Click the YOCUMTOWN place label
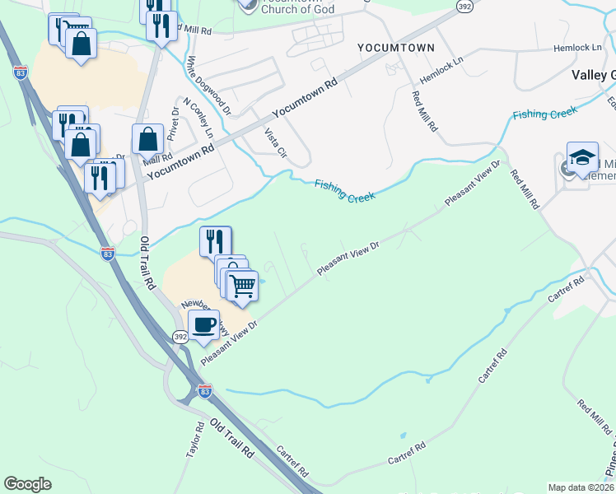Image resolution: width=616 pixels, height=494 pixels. coord(395,48)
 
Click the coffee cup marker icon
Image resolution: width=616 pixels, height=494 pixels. coord(203,324)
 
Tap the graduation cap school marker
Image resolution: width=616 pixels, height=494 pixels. coord(582,156)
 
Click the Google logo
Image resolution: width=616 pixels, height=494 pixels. coord(27,484)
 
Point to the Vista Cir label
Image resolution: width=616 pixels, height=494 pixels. coord(275,142)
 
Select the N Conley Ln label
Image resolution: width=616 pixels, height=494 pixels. coord(198,119)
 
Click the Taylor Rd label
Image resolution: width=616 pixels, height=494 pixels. coord(194,441)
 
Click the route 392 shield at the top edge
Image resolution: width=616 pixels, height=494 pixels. coord(464,6)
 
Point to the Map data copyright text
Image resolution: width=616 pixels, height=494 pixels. coord(581,487)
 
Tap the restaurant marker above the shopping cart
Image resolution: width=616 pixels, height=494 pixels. coord(215,240)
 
